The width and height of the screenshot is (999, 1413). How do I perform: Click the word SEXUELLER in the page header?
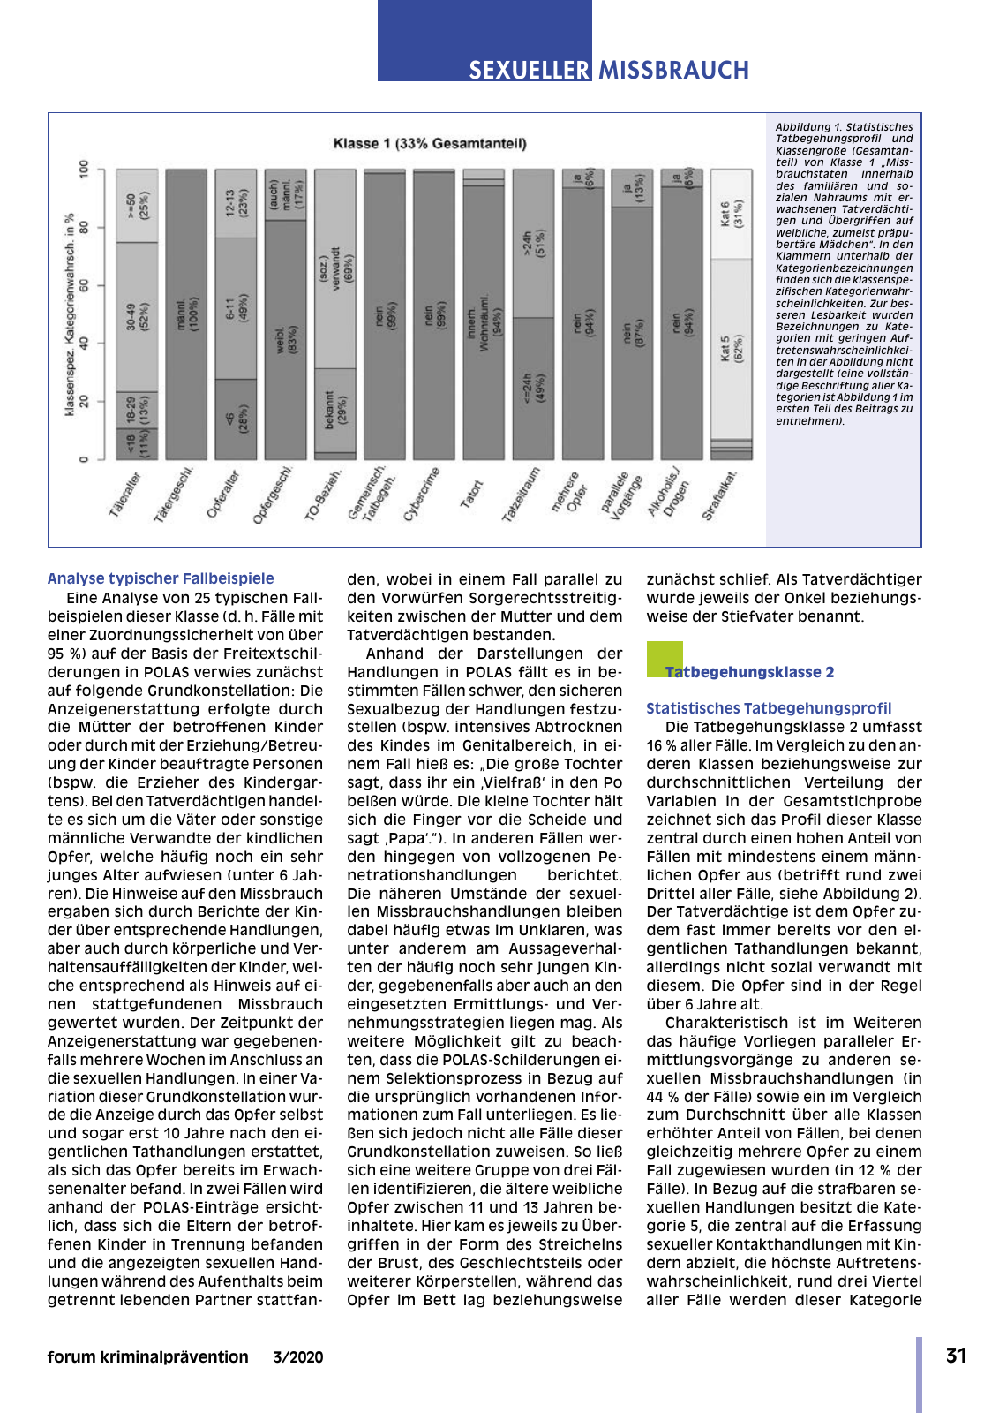(x=529, y=70)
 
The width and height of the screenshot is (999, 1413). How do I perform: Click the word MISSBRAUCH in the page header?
(x=673, y=70)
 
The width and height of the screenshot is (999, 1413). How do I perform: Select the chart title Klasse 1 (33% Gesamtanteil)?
(x=430, y=143)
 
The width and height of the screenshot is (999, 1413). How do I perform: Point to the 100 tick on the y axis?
(x=85, y=170)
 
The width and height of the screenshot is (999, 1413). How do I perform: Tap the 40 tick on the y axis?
(x=85, y=343)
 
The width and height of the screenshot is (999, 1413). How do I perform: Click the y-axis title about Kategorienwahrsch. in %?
(x=70, y=314)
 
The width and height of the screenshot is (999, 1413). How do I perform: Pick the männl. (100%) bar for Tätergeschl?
(x=186, y=314)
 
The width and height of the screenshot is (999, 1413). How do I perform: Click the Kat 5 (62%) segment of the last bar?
(x=732, y=348)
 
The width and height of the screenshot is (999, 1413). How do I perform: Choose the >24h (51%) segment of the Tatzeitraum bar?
(x=533, y=243)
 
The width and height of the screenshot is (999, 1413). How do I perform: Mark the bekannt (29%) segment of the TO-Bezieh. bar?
(x=335, y=410)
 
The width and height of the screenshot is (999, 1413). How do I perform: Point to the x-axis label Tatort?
(x=472, y=494)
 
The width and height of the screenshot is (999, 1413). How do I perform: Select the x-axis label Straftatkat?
(x=720, y=496)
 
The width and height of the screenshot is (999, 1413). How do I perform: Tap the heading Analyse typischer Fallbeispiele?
(x=161, y=578)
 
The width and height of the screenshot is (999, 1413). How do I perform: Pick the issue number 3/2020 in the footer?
(x=298, y=1357)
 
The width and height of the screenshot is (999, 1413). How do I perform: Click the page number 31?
(x=957, y=1356)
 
